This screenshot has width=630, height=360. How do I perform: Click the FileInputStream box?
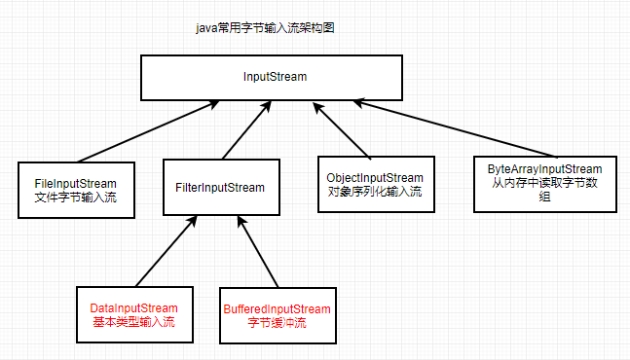click(x=75, y=188)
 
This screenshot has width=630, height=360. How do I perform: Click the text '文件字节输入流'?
click(x=75, y=198)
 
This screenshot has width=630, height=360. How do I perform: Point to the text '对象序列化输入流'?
click(x=375, y=192)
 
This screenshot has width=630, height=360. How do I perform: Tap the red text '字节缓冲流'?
click(x=277, y=323)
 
